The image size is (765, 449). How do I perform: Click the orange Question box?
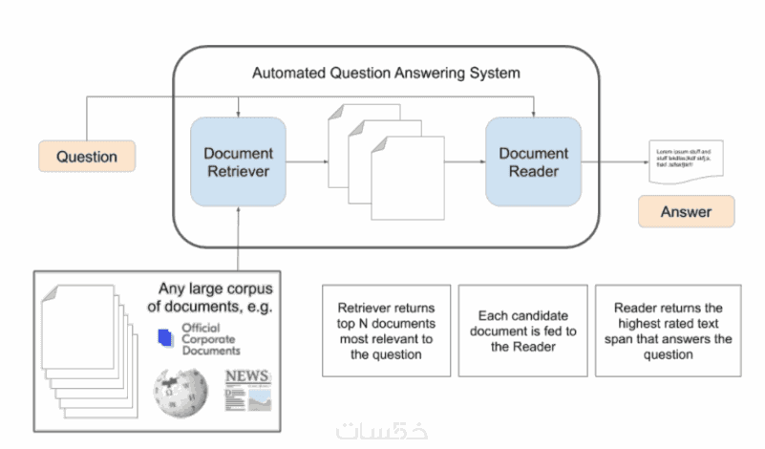[x=87, y=157]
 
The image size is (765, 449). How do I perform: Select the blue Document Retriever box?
[x=238, y=161]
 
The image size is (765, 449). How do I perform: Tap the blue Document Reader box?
[x=533, y=161]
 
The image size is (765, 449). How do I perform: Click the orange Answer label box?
[x=686, y=211]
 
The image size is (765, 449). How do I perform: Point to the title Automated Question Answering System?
[x=386, y=73]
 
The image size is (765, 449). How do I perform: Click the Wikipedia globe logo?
[x=180, y=391]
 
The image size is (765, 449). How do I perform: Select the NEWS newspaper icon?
[x=247, y=390]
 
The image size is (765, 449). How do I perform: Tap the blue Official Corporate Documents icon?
[x=162, y=336]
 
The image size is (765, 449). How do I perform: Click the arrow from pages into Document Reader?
[x=465, y=162]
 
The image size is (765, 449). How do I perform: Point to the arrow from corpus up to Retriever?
[x=238, y=239]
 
